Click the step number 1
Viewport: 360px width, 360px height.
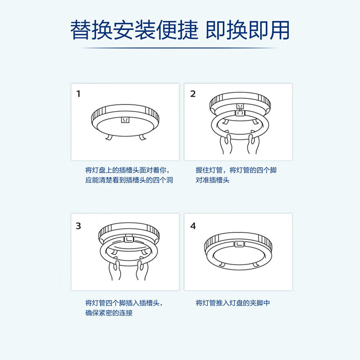coord(78,94)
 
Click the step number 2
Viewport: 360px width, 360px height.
coord(193,94)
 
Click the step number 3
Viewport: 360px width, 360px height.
coord(78,226)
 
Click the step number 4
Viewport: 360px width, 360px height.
coord(193,226)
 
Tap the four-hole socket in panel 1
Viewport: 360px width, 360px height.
coord(125,121)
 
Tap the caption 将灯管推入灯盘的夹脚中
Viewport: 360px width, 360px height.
coord(233,303)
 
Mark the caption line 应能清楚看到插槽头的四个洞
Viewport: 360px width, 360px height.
coord(129,180)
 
